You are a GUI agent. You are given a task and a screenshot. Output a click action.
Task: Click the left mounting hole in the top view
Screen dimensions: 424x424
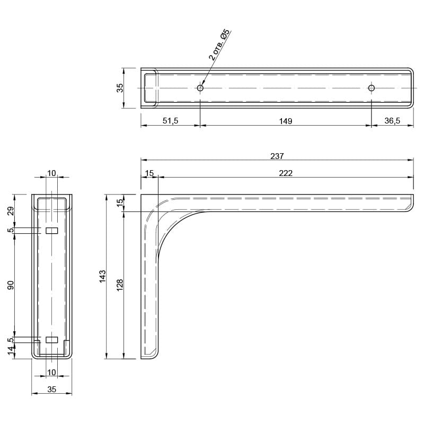[200, 88]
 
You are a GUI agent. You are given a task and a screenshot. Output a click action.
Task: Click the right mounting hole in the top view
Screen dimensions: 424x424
[372, 88]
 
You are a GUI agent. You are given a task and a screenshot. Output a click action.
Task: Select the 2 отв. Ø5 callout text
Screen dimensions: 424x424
[219, 45]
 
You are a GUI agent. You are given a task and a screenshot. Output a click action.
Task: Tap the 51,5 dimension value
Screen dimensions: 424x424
[170, 121]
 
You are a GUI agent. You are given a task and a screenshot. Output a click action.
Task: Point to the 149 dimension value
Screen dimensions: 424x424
[286, 121]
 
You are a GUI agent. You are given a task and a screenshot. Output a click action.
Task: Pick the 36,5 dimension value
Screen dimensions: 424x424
[392, 121]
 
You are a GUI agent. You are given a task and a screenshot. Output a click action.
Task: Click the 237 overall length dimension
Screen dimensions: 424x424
[277, 156]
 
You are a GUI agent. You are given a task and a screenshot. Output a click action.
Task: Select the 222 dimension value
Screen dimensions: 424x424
[286, 173]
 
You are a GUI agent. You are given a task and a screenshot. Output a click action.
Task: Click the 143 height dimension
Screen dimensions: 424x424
[103, 276]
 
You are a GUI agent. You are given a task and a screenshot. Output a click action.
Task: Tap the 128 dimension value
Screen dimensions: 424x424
[120, 285]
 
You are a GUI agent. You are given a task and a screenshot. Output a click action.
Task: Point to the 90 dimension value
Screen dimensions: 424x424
[10, 285]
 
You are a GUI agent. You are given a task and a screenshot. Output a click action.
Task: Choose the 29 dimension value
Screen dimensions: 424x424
[10, 210]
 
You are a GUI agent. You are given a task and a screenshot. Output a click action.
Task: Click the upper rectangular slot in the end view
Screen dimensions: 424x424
[51, 231]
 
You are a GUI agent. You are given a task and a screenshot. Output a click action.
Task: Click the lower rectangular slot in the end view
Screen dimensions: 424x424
[51, 340]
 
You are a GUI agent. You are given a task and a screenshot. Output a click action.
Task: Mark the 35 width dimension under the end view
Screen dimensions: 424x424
[51, 389]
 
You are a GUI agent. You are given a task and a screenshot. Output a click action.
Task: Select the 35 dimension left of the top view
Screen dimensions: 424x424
[120, 88]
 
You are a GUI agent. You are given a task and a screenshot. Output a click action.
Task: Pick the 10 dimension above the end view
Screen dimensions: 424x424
[51, 173]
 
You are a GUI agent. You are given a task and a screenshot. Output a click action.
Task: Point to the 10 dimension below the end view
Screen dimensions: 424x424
[51, 373]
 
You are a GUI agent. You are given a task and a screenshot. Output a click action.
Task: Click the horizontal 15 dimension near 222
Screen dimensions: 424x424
[149, 173]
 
